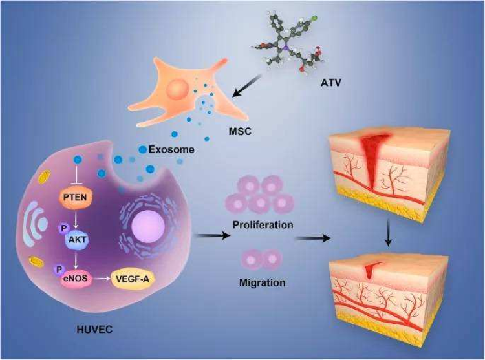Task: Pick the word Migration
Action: pos(262,282)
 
